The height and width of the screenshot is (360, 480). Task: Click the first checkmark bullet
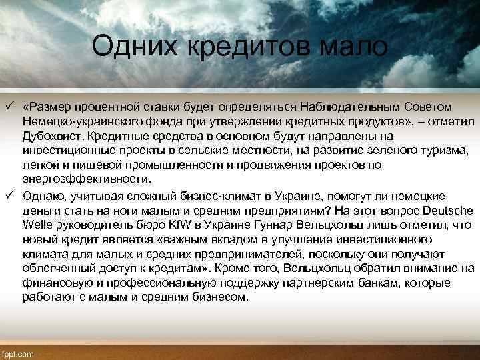pos(10,107)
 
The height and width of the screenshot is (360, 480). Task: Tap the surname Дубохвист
pos(52,137)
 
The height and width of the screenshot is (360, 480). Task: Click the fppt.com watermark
pos(20,353)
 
